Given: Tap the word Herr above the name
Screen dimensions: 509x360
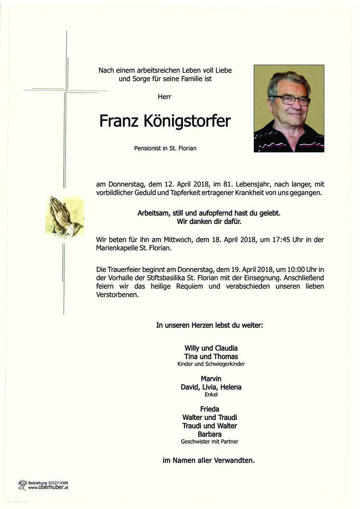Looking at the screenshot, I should click(164, 97).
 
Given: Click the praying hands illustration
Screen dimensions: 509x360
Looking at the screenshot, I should click(64, 216).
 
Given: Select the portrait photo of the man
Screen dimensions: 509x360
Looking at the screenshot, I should click(289, 108).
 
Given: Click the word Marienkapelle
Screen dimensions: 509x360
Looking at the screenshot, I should click(120, 248).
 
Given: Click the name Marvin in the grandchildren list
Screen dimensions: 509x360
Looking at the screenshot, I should click(211, 378).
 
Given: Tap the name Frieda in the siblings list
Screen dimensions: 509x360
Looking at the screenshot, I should click(210, 409).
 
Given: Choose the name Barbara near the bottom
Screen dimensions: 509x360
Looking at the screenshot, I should click(210, 434).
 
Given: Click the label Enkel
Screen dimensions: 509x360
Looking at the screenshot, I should click(211, 394).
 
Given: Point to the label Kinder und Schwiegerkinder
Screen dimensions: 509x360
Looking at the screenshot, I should click(211, 364).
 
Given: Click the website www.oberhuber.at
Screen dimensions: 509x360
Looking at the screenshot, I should click(48, 488).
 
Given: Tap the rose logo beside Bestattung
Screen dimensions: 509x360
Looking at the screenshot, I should click(22, 485).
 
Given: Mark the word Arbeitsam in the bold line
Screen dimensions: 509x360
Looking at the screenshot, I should click(153, 213).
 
